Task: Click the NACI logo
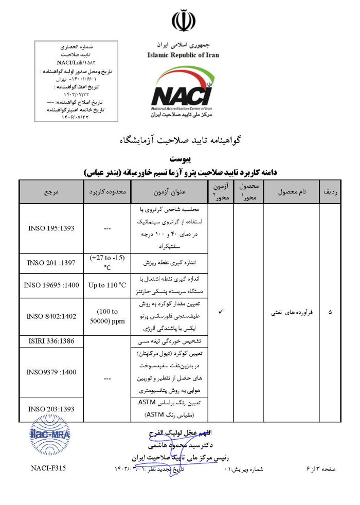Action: point(183,94)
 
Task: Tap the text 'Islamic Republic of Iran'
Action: point(183,54)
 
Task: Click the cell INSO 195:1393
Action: point(51,228)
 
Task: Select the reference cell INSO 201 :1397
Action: point(51,263)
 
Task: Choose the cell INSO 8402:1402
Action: point(51,315)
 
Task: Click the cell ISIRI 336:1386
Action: point(51,341)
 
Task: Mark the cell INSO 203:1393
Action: point(51,409)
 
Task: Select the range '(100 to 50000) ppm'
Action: point(107,316)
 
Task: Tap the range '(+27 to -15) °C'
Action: point(107,262)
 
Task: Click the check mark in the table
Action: point(221,312)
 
